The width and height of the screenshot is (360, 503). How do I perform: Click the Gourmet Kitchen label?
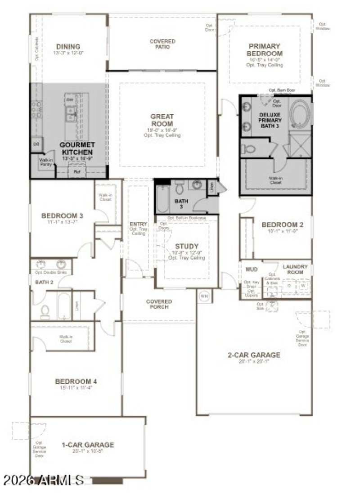77,148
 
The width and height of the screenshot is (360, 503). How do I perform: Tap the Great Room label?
162,120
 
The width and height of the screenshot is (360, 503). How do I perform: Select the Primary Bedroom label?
264,49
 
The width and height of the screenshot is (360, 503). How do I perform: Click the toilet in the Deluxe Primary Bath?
249,149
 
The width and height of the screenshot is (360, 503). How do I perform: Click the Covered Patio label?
162,44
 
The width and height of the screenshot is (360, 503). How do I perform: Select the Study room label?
186,246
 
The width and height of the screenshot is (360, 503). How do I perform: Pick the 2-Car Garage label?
254,355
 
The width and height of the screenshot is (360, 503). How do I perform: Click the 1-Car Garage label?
88,445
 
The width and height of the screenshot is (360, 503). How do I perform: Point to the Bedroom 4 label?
76,382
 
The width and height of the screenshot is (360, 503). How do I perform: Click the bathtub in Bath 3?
163,200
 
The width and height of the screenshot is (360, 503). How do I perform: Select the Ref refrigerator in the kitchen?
77,171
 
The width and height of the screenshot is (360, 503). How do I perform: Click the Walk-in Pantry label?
46,162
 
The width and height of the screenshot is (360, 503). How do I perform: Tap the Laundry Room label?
295,269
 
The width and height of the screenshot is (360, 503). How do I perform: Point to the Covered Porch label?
159,304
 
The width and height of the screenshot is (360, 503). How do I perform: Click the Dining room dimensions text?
68,53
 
